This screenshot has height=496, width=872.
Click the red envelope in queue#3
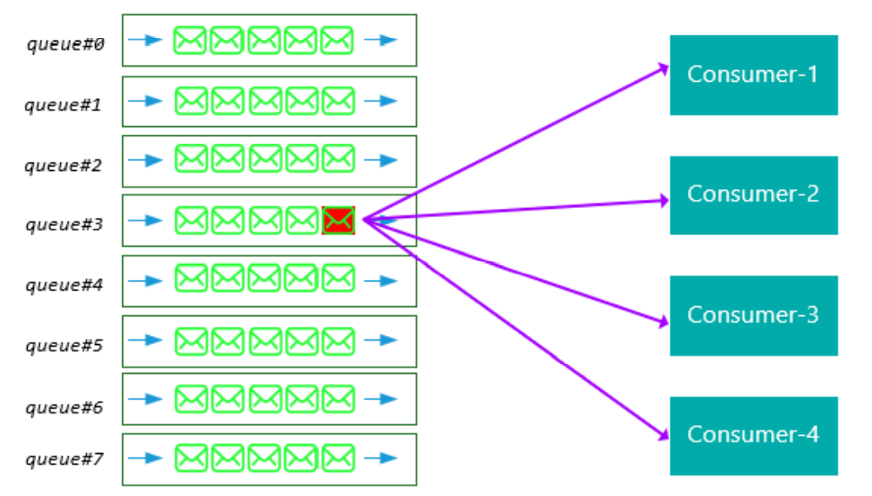[x=339, y=220]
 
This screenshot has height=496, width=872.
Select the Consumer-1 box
[x=753, y=74]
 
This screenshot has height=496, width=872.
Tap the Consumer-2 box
[x=753, y=195]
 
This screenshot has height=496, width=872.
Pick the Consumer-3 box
[x=753, y=315]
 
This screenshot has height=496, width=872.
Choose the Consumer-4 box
[x=753, y=435]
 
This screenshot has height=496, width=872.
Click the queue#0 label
[x=65, y=44]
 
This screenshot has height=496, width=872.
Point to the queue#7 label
[x=64, y=459]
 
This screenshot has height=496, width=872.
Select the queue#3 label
[x=64, y=224]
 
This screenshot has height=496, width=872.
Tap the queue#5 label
[x=64, y=345]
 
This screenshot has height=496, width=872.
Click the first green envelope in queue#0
[x=190, y=40]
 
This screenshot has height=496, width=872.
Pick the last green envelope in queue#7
[x=338, y=457]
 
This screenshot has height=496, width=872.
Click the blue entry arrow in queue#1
[x=145, y=101]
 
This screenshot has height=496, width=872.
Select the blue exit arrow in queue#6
[x=381, y=399]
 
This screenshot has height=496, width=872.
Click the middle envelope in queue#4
[x=265, y=279]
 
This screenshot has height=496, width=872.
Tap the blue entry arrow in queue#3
[x=145, y=220]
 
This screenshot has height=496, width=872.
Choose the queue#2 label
[x=64, y=165]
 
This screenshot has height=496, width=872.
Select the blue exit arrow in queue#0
[x=381, y=40]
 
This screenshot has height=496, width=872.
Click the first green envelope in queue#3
[x=191, y=220]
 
